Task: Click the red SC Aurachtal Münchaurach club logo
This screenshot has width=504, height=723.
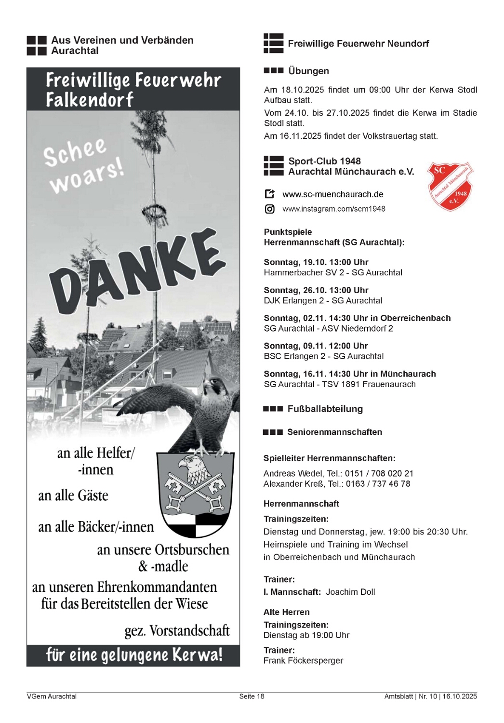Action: pyautogui.click(x=451, y=187)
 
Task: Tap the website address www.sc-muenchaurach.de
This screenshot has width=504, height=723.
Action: pyautogui.click(x=332, y=194)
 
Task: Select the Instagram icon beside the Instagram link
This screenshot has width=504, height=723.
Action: pyautogui.click(x=270, y=209)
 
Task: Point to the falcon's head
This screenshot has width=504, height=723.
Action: pyautogui.click(x=216, y=386)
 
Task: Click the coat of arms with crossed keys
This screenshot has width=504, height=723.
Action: pyautogui.click(x=195, y=494)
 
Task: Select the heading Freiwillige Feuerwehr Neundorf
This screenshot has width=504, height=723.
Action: pyautogui.click(x=358, y=43)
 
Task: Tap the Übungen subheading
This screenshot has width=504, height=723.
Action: pyautogui.click(x=308, y=71)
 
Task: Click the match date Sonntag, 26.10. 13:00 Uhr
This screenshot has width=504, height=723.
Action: pyautogui.click(x=316, y=290)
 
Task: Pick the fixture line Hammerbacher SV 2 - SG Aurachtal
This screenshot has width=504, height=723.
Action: pyautogui.click(x=332, y=272)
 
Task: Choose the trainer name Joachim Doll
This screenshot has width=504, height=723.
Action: pyautogui.click(x=350, y=592)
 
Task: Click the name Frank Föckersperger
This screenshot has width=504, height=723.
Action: pyautogui.click(x=303, y=660)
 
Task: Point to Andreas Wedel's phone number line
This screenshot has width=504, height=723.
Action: pyautogui.click(x=338, y=473)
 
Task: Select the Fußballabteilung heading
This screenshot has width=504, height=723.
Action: pyautogui.click(x=325, y=409)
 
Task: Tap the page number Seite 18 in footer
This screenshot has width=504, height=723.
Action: pyautogui.click(x=252, y=696)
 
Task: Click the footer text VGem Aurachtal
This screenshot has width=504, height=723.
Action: pyautogui.click(x=52, y=696)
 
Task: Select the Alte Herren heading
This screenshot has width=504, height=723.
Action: pyautogui.click(x=286, y=612)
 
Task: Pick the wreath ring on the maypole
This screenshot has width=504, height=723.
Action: pyautogui.click(x=154, y=211)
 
